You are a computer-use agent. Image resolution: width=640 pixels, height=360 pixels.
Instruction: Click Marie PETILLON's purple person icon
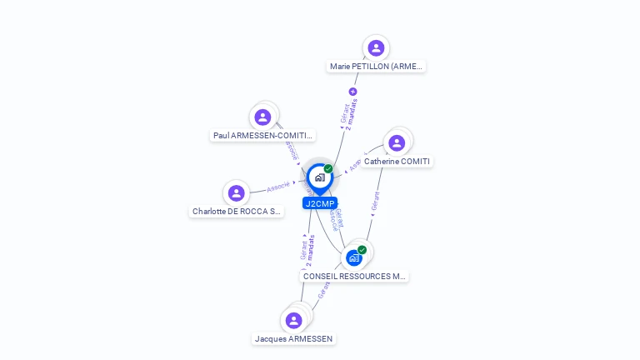coord(376,47)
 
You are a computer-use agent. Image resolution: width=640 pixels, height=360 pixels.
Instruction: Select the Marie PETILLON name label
coord(376,67)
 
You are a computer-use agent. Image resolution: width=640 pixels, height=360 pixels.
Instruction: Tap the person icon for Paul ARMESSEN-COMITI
coord(262,117)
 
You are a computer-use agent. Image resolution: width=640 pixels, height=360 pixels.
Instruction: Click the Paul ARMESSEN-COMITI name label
coord(262,135)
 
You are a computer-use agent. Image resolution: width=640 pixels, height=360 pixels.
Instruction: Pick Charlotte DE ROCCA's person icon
coord(237,193)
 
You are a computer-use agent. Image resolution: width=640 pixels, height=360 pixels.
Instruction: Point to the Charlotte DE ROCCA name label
coord(237,212)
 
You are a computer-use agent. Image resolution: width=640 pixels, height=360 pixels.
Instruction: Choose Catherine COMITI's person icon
coord(397,142)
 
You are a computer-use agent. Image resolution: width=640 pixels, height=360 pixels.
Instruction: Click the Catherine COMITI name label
coord(398,162)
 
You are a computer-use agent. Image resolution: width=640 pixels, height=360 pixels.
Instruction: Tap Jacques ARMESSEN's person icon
coord(293,320)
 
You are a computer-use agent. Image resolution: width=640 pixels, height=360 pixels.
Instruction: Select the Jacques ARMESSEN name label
coord(294,339)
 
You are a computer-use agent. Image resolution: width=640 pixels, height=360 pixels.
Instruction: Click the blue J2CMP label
coord(320,203)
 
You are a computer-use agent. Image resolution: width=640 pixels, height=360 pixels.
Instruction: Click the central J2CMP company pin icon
coord(319,177)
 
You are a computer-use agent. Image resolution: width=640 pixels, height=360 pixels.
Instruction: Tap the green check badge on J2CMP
coord(328,169)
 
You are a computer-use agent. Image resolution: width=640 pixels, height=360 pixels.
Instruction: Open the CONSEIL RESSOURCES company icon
coord(354,257)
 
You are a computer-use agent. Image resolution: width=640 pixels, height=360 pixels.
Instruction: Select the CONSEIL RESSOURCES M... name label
coord(355,276)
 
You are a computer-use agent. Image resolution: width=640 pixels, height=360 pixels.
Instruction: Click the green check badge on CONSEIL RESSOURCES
coord(362,250)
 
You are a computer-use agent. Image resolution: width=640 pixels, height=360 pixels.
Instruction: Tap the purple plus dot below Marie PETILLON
coord(352,92)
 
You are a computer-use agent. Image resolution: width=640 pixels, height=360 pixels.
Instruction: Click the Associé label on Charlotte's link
coord(278,187)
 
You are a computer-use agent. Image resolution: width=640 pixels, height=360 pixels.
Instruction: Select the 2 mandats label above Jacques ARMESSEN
coord(311,250)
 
